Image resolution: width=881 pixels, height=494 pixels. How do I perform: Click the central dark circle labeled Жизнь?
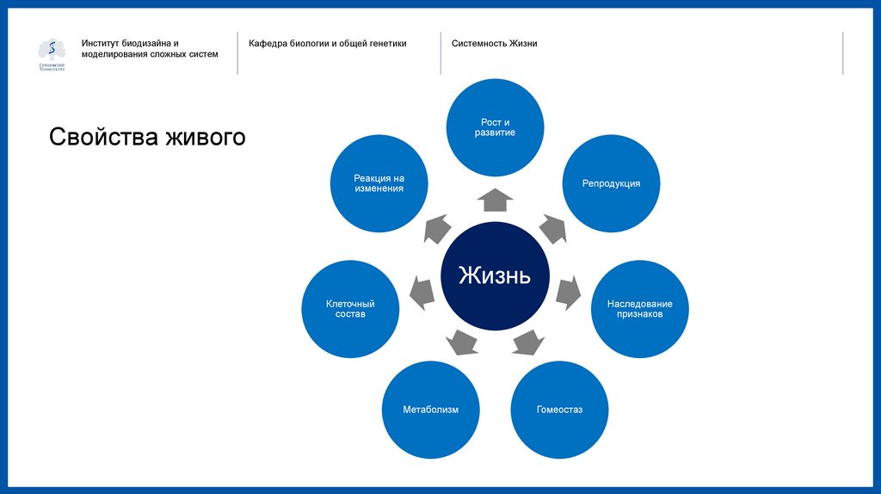tap(495, 275)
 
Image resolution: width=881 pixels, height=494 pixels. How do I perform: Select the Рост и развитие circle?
tap(495, 127)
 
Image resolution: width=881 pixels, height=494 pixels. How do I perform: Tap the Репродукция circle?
tap(611, 183)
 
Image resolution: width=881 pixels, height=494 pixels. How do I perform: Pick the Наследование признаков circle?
tap(639, 309)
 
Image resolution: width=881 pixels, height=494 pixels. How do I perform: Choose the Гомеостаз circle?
tap(559, 410)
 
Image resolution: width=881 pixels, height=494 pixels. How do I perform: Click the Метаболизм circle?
tap(430, 410)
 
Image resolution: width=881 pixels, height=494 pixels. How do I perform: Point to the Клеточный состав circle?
tap(350, 309)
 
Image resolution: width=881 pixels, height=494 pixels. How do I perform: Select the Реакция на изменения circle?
tap(379, 183)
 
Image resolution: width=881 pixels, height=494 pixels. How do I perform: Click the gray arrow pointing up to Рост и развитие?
tap(495, 200)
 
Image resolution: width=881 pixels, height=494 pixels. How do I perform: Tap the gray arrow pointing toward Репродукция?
tap(551, 229)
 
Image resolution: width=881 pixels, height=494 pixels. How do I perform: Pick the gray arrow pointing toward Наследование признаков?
tap(567, 292)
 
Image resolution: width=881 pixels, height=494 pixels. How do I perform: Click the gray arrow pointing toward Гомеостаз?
tap(527, 342)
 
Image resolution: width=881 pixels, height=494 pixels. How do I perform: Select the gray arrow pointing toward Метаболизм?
tap(463, 342)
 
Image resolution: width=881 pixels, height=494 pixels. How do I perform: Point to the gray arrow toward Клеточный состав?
tap(422, 292)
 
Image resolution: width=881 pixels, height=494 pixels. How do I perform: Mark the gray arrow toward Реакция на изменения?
tap(437, 229)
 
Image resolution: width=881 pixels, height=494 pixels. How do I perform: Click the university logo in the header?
tap(52, 54)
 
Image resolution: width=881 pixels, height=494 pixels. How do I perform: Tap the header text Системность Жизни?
tap(495, 43)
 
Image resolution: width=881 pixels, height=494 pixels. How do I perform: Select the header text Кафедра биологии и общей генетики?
tap(328, 43)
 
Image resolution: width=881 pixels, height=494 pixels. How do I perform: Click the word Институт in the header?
tap(102, 43)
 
